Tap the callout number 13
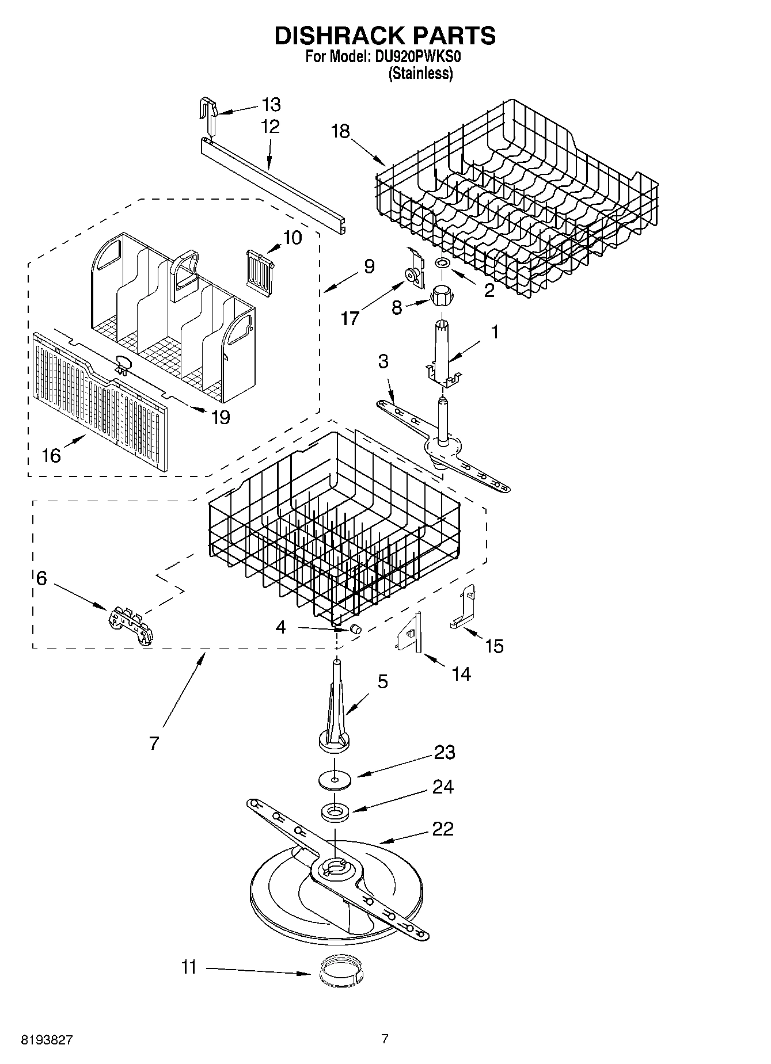coord(271,105)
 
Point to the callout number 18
coord(340,131)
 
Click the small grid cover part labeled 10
coord(260,269)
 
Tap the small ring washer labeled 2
coord(442,263)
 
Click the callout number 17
coord(350,318)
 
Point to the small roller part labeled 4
coord(355,628)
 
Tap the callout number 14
coord(461,673)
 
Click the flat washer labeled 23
coord(334,780)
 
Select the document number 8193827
coord(47,1040)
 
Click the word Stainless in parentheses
coord(420,74)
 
